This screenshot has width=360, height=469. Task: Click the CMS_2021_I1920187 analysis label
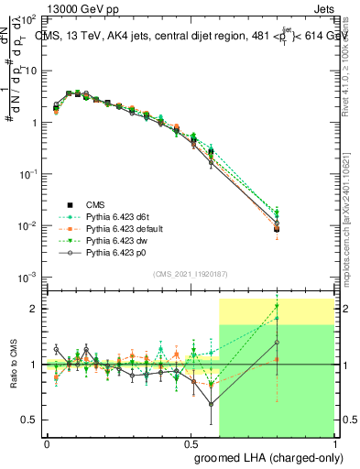tap(191, 275)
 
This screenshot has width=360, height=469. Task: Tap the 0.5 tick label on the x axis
tap(191, 443)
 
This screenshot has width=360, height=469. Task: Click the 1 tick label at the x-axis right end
tap(334, 443)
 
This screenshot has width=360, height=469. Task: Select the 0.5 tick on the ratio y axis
tap(30, 420)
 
